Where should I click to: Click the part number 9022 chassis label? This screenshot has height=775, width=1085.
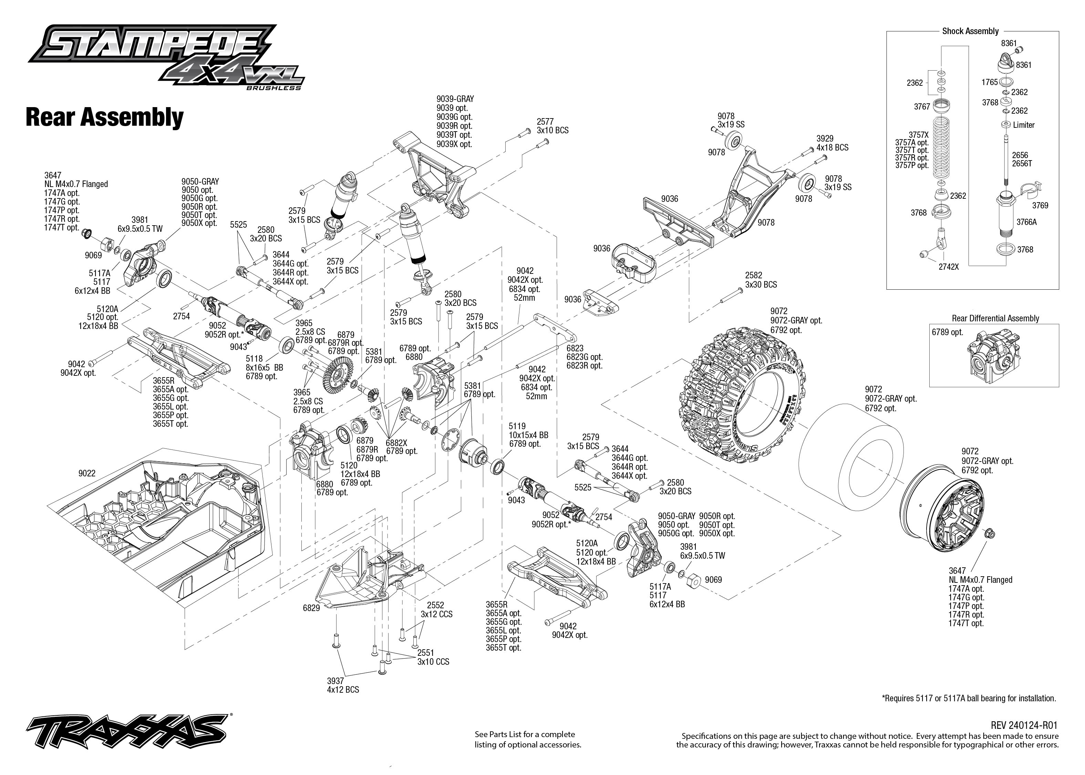click(x=87, y=473)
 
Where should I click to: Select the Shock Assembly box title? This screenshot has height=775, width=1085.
click(x=970, y=31)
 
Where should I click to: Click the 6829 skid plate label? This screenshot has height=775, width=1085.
click(x=311, y=608)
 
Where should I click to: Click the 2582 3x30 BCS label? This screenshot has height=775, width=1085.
click(x=761, y=280)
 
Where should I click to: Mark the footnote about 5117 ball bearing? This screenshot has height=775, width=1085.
click(x=969, y=698)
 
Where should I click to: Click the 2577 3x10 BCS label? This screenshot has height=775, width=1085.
click(x=552, y=126)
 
